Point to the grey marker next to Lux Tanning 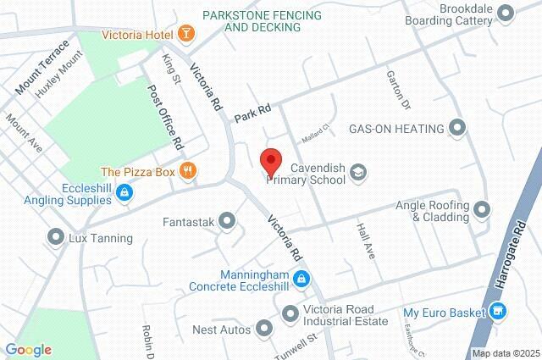(57, 238)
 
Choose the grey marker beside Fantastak (227, 222)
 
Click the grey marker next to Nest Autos (266, 327)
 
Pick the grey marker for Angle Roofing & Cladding (483, 208)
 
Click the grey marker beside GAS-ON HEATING (458, 129)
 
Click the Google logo (28, 350)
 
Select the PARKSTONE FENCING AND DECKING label (252, 21)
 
